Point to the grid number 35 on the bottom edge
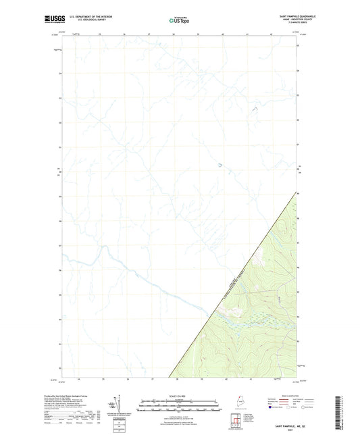click(x=103, y=380)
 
